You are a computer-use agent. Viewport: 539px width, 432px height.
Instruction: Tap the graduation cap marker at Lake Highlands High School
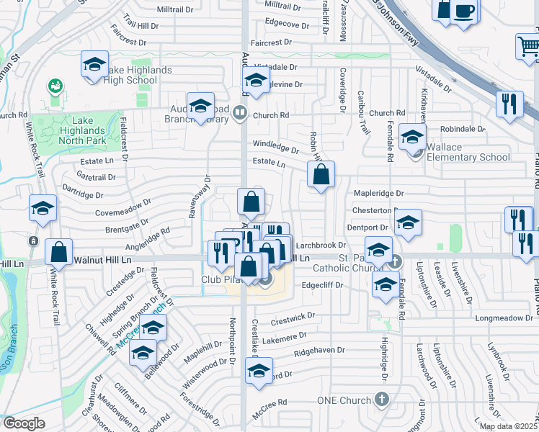point(94,65)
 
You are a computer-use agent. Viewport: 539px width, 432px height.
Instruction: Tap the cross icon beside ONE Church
point(383,398)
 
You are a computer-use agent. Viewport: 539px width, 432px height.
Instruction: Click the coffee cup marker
point(464,12)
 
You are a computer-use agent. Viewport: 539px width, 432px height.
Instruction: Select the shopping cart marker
point(529,46)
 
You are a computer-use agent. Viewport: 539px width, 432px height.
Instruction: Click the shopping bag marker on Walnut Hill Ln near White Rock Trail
point(58,252)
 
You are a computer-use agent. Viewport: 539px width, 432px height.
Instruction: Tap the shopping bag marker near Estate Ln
point(321,174)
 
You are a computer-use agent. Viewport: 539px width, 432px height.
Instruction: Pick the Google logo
point(24,423)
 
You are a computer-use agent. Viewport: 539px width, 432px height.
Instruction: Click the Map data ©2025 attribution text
point(508,426)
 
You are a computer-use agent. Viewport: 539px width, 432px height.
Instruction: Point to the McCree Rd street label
point(271,402)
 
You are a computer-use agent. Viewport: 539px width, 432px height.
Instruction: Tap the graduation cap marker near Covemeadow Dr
point(43,208)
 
